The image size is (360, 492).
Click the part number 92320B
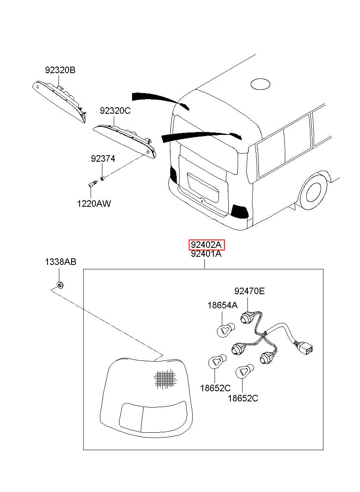(x=60, y=70)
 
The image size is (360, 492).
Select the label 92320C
(x=115, y=111)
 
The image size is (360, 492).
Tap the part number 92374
(x=103, y=158)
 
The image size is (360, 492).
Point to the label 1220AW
(x=94, y=204)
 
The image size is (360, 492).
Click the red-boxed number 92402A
(x=206, y=245)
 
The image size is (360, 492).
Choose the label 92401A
(x=206, y=254)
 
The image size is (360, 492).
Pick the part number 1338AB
(x=61, y=262)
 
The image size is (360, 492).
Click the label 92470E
(x=249, y=291)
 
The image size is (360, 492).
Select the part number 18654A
(x=223, y=305)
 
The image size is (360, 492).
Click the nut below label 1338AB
(x=60, y=285)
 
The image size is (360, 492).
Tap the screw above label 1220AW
(x=93, y=183)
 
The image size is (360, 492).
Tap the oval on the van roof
(x=260, y=84)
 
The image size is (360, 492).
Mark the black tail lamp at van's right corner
(x=239, y=211)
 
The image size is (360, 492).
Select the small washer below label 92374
(x=102, y=179)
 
